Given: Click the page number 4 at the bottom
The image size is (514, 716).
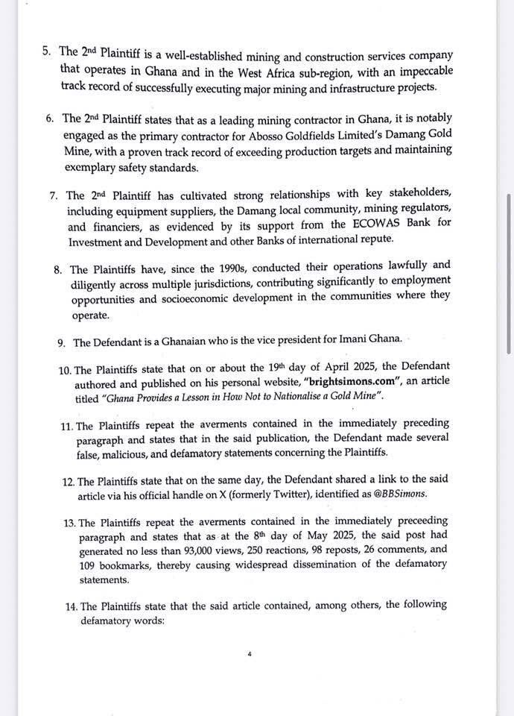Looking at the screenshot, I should click(250, 654).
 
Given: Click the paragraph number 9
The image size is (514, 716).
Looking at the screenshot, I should click(62, 342).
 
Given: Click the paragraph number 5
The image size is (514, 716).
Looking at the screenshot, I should click(46, 52).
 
